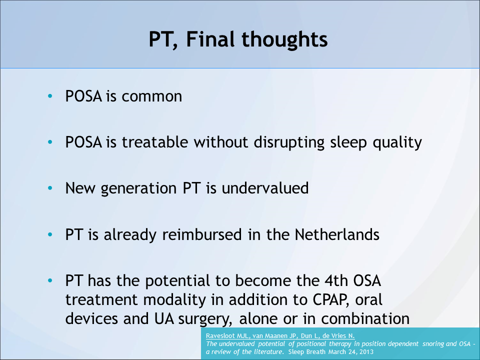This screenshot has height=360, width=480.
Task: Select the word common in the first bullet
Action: coord(152,96)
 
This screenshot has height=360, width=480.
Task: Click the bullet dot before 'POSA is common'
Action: coord(49,96)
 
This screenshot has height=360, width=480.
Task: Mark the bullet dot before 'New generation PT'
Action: coord(49,188)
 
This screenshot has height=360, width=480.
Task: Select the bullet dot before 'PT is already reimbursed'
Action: coord(49,234)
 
